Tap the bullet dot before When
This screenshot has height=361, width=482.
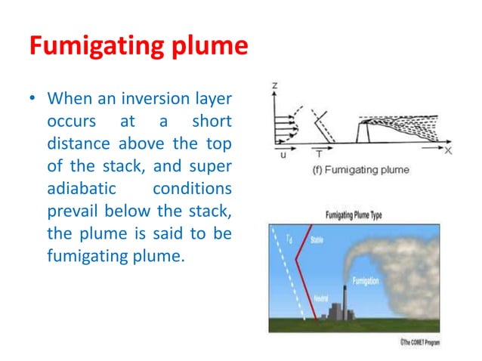(32, 100)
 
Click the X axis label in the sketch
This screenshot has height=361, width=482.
(447, 151)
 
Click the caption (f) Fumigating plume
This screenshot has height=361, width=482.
(360, 170)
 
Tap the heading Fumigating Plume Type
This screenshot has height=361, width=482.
(354, 215)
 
